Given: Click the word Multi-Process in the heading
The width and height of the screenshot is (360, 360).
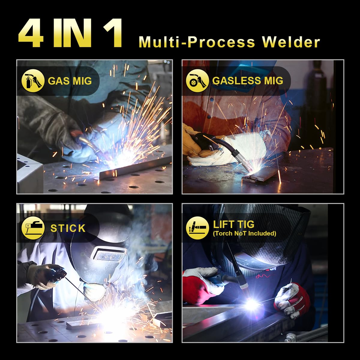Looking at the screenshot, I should pos(196,42).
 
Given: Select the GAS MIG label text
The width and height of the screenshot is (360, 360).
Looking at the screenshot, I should pos(70,81).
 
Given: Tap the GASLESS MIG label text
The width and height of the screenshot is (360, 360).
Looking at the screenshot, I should pos(247,81).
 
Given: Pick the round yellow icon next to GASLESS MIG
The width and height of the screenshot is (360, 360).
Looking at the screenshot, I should pos(197,81).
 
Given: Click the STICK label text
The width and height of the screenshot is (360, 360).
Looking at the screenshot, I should pos(68,228).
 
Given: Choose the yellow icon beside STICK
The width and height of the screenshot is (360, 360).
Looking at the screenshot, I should pos(33,228).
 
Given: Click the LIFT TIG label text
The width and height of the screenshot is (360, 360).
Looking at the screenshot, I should pos(233,224).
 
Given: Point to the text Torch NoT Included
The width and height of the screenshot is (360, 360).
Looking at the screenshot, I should pos(244,233).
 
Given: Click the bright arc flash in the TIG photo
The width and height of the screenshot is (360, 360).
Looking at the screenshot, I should pos(252,304).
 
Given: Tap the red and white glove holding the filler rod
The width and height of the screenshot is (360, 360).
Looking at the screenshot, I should pos(292,298).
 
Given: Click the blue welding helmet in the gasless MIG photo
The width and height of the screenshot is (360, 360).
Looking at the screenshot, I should pos(240,72).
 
